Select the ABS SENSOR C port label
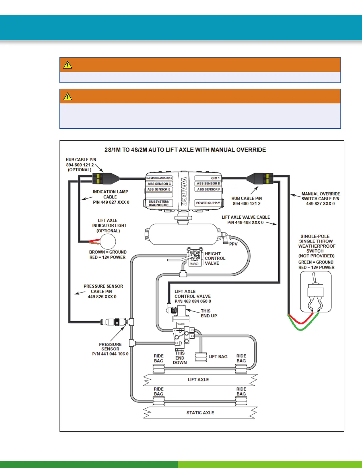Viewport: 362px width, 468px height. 159,184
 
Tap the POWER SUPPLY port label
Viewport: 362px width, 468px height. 208,203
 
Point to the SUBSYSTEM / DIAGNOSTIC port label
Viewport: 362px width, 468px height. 159,203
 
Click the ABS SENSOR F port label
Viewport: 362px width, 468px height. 208,189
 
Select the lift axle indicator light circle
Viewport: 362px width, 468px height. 108,242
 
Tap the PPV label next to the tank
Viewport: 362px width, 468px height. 233,244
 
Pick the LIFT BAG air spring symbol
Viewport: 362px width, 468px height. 201,357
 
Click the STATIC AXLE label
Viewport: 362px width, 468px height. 200,413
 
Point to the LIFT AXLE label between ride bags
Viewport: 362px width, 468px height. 198,380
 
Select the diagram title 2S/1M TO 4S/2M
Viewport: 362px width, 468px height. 185,150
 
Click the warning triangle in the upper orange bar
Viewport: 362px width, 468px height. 68,65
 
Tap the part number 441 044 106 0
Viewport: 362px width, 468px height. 110,354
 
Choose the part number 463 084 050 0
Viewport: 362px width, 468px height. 193,301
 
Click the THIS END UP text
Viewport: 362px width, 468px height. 209,313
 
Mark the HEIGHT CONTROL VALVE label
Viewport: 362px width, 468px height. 215,259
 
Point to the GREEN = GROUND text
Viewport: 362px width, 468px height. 316,262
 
